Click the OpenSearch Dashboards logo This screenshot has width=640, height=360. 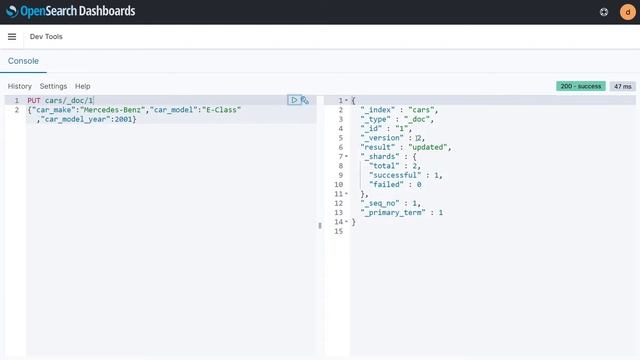point(70,12)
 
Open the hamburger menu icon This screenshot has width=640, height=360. point(12,36)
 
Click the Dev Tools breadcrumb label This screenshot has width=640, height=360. point(46,36)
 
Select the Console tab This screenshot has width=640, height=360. point(24,61)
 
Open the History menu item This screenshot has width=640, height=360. point(20,87)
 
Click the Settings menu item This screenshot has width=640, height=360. point(53,87)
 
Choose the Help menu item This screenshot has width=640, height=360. point(83,87)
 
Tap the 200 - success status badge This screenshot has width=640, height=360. point(581,87)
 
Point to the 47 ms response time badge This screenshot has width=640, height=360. point(623,87)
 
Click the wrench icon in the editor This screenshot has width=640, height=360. point(305,100)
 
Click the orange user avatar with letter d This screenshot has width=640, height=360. point(626,12)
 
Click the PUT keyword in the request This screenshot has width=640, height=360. point(34,101)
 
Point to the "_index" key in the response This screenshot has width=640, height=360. point(378,120)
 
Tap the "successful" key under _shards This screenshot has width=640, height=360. point(400,175)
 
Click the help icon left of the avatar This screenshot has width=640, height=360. point(604,12)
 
